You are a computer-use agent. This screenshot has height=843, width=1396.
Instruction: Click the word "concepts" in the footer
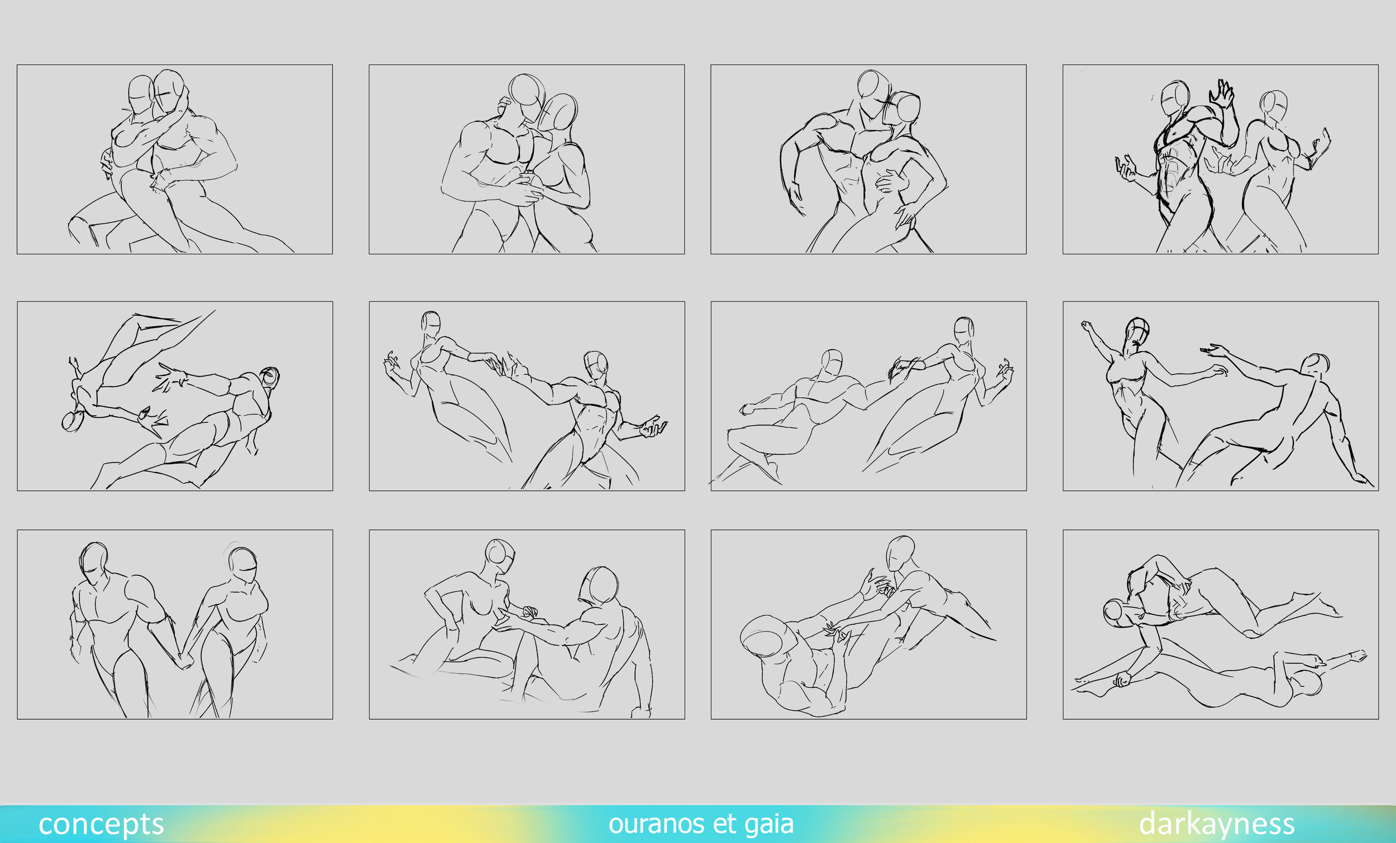[x=101, y=825]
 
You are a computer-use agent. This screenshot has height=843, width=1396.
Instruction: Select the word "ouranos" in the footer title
[x=657, y=825]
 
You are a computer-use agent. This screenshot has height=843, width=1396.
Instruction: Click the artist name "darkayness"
[x=1216, y=825]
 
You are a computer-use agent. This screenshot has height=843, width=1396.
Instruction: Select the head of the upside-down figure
[x=73, y=421]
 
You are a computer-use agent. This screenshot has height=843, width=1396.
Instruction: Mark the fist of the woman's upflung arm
[x=1086, y=326]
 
